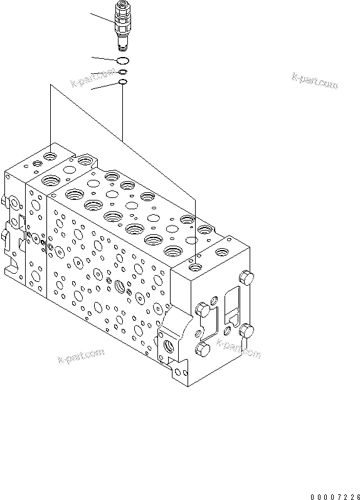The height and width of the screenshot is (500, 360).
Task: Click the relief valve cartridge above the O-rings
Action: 122,26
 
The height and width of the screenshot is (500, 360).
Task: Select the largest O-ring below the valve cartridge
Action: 122,61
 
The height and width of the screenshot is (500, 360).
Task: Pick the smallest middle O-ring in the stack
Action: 123,72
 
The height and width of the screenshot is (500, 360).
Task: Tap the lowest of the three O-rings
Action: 123,81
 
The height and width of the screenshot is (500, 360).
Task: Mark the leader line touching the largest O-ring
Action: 103,59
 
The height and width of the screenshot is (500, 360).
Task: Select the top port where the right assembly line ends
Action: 197,268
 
